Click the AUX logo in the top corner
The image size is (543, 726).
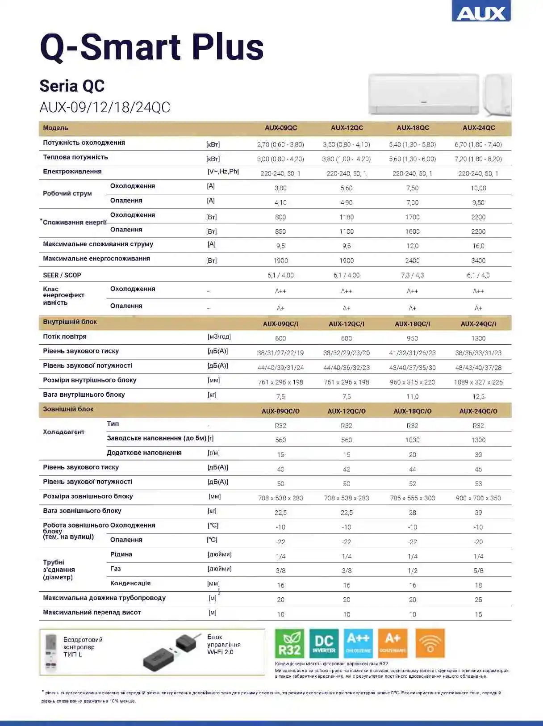tap(481, 12)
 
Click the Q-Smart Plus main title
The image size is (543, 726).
tap(152, 47)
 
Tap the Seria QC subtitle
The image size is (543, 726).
tap(72, 86)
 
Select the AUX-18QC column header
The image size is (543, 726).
tap(413, 128)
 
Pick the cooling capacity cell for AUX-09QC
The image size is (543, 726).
tap(280, 144)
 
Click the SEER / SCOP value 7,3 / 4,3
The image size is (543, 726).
tap(412, 275)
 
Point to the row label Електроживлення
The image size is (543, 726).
tap(72, 172)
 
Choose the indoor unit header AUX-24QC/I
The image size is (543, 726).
tap(478, 324)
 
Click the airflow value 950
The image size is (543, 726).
tap(412, 339)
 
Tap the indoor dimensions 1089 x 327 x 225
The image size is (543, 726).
tap(478, 382)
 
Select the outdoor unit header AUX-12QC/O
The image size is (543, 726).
tap(347, 411)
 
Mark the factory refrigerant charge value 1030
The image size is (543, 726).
tap(412, 440)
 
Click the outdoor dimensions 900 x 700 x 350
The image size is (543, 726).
tap(478, 498)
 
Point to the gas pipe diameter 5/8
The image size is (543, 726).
tap(478, 571)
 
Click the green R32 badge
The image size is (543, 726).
tap(289, 643)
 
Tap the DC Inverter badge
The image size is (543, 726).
tap(324, 643)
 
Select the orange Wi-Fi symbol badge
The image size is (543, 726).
tap(430, 643)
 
